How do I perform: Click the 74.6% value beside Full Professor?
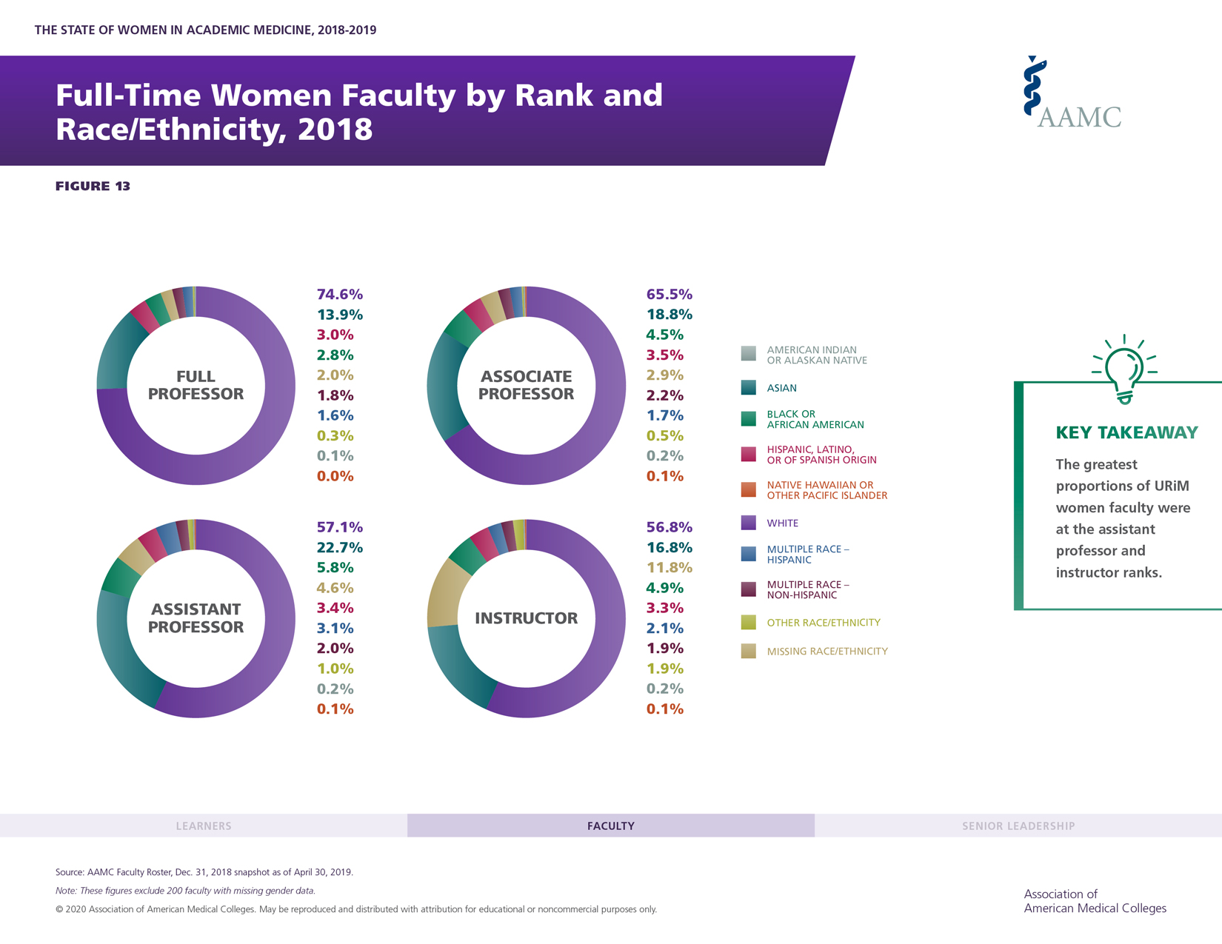pyautogui.click(x=339, y=295)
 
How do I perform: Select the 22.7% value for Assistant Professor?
pyautogui.click(x=339, y=548)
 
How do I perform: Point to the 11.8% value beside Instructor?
pyautogui.click(x=670, y=568)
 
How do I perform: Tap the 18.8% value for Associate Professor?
pyautogui.click(x=670, y=315)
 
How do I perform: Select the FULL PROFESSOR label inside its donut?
pyautogui.click(x=196, y=385)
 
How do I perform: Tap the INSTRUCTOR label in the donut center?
pyautogui.click(x=526, y=618)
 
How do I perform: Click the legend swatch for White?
pyautogui.click(x=749, y=523)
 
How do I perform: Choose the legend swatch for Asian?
pyautogui.click(x=749, y=387)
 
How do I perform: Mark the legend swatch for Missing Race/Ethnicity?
pyautogui.click(x=749, y=651)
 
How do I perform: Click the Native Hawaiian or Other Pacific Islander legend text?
pyautogui.click(x=827, y=490)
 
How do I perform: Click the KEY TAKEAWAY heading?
pyautogui.click(x=1126, y=433)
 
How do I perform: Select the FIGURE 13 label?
pyautogui.click(x=93, y=186)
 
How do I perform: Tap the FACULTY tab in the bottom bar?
pyautogui.click(x=610, y=826)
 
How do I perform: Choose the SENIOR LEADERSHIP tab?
pyautogui.click(x=1018, y=826)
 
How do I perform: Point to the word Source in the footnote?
pyautogui.click(x=70, y=872)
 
